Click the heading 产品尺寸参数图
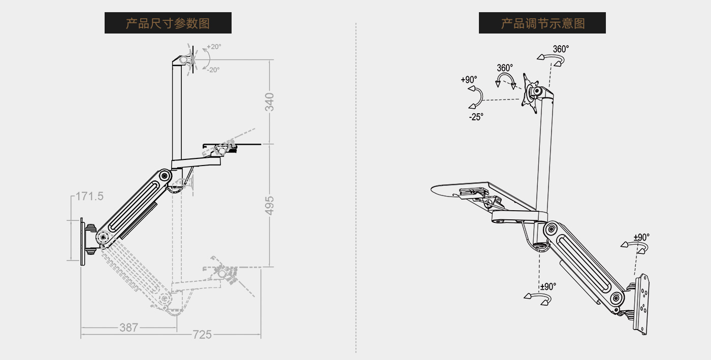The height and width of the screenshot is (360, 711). (168, 23)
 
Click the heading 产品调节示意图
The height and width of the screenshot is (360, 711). (542, 23)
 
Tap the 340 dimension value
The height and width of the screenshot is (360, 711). (270, 102)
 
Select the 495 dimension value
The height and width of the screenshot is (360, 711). (270, 205)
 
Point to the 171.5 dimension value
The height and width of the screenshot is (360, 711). (89, 196)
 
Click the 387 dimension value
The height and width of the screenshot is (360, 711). (129, 328)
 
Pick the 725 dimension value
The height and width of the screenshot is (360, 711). (202, 335)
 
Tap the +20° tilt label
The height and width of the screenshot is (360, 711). (214, 47)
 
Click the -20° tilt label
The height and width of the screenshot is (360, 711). (213, 70)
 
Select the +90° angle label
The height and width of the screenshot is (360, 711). (469, 80)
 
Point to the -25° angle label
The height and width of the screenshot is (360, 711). (476, 117)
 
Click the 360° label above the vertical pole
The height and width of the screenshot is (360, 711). (561, 49)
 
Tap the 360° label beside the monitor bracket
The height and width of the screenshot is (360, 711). (505, 68)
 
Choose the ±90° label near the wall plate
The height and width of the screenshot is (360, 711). (641, 237)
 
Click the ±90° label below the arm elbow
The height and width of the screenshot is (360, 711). (548, 287)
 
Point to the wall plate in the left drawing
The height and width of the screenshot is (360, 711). (82, 242)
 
